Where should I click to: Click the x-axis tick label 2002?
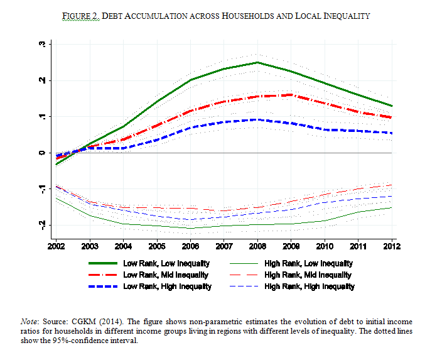tap(57, 244)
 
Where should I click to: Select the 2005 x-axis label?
tap(157, 244)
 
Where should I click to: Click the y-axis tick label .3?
tap(42, 45)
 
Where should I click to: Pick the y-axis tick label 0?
tap(42, 153)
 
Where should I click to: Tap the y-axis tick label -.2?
tap(42, 224)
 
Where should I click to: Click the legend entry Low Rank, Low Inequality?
tap(166, 264)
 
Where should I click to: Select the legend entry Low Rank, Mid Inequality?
tap(166, 275)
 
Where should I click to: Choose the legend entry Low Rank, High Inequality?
tap(168, 286)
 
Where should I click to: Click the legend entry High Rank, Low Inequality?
tap(308, 264)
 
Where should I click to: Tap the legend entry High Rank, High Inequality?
tap(310, 286)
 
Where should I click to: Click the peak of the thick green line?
tap(257, 62)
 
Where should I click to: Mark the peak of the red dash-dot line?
tap(290, 95)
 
